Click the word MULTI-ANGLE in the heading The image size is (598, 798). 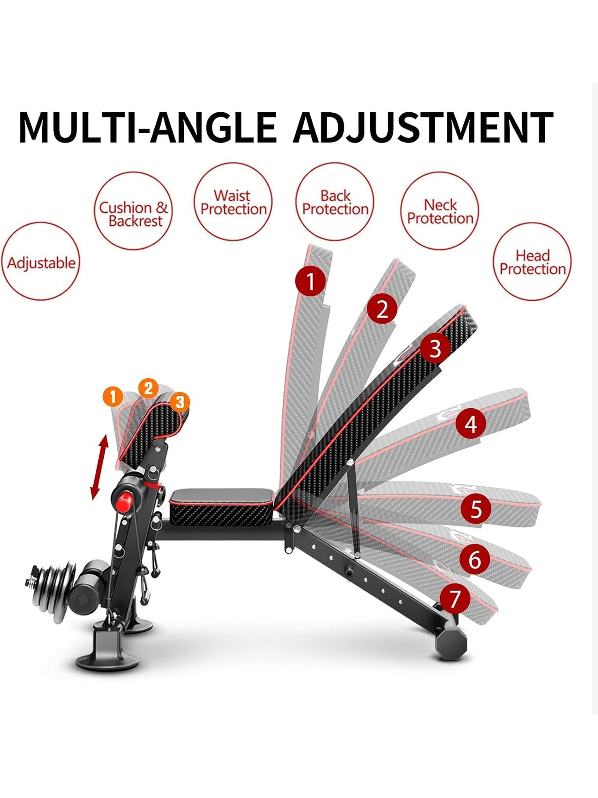(x=148, y=128)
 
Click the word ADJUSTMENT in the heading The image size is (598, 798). (x=423, y=128)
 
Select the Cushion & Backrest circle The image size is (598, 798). (x=133, y=211)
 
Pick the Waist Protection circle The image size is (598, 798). (x=233, y=202)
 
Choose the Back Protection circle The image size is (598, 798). (x=335, y=202)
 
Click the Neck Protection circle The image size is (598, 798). (x=440, y=211)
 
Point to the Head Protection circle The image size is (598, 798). (x=532, y=261)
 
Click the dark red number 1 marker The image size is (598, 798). (x=311, y=281)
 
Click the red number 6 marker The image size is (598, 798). (x=474, y=559)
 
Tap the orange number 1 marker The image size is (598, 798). (x=113, y=397)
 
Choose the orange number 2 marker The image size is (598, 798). (x=148, y=388)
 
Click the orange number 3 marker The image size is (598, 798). (x=180, y=402)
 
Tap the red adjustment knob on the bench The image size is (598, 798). (x=124, y=502)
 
